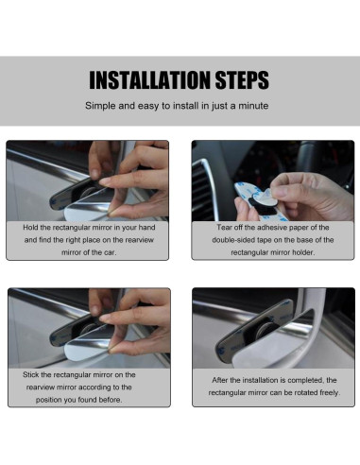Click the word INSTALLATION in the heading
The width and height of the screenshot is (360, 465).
coord(150,80)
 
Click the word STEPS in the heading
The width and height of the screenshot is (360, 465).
coord(242,80)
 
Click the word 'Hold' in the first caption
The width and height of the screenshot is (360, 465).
coord(30,228)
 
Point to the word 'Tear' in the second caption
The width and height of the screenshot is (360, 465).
coord(223,228)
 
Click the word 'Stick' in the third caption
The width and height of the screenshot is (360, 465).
coord(30,375)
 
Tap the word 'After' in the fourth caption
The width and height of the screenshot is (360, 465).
coord(220,380)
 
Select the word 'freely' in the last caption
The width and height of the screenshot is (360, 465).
coord(330,393)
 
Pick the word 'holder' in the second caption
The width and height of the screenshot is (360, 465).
coord(303,252)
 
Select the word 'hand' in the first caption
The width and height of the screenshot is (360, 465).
coord(147,228)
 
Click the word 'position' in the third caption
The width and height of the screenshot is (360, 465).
coord(48,400)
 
